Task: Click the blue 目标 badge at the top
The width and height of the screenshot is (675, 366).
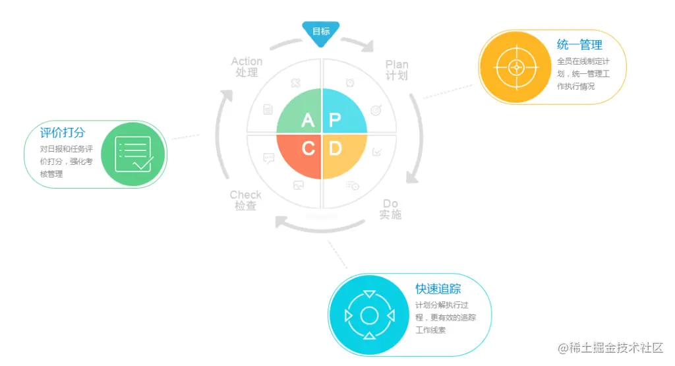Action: pos(321,32)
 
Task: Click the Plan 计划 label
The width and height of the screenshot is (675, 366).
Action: pos(397,70)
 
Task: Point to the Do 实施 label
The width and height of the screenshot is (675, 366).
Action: pos(390,209)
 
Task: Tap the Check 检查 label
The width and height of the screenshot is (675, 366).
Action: pos(245,200)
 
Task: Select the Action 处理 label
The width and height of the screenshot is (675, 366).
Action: pos(247,67)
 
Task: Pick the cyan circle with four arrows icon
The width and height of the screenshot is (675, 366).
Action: pos(369,315)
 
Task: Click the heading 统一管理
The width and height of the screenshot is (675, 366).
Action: pos(579,45)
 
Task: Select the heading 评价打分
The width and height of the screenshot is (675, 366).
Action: pos(63,133)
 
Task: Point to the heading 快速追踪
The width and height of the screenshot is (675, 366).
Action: pos(438,289)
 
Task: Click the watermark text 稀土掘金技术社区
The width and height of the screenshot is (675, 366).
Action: pos(610,348)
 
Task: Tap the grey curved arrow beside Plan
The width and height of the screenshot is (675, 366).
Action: pos(417,138)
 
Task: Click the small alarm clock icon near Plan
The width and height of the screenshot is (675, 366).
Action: pos(350,83)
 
